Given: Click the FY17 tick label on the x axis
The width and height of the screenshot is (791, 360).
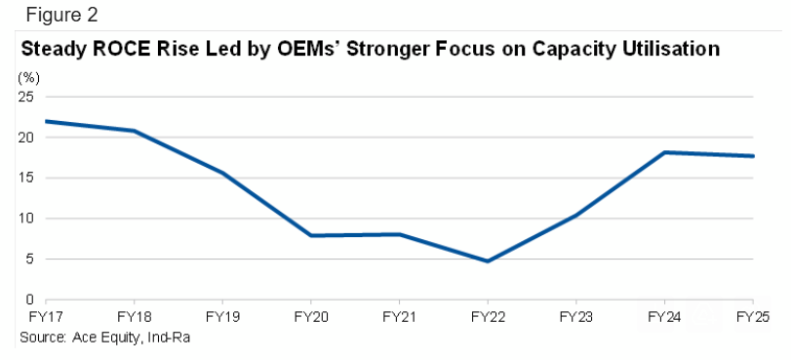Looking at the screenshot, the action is point(45,317).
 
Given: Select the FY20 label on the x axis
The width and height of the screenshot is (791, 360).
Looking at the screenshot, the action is point(311,317).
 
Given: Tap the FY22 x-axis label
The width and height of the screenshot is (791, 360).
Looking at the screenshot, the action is point(488,317).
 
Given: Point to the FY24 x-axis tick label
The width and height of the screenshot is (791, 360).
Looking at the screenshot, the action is point(664,317).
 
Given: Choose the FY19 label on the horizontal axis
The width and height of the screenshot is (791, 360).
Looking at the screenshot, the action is point(222,317).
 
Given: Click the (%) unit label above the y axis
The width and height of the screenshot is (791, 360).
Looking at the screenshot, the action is point(28,78).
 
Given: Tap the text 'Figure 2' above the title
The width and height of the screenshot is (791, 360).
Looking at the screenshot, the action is point(61,16).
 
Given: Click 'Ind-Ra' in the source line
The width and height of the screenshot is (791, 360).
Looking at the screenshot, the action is point(168,337).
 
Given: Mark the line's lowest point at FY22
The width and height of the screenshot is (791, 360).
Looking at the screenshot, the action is point(488,261).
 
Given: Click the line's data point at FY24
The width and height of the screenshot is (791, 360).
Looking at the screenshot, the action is point(664,152).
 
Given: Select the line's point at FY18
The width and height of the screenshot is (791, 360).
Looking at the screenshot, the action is point(134,131).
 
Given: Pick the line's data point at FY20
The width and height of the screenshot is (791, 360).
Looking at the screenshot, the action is point(311,235).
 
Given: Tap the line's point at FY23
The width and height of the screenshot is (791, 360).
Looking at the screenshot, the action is point(576,216).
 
